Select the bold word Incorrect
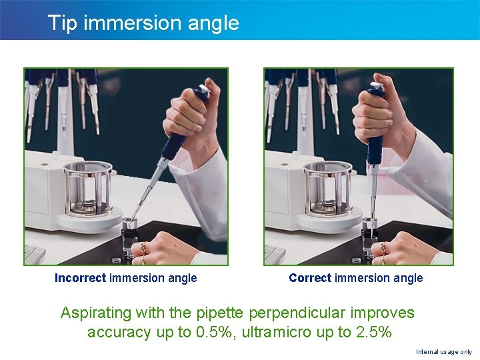point(80,278)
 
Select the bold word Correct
point(310,278)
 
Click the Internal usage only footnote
point(443,351)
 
